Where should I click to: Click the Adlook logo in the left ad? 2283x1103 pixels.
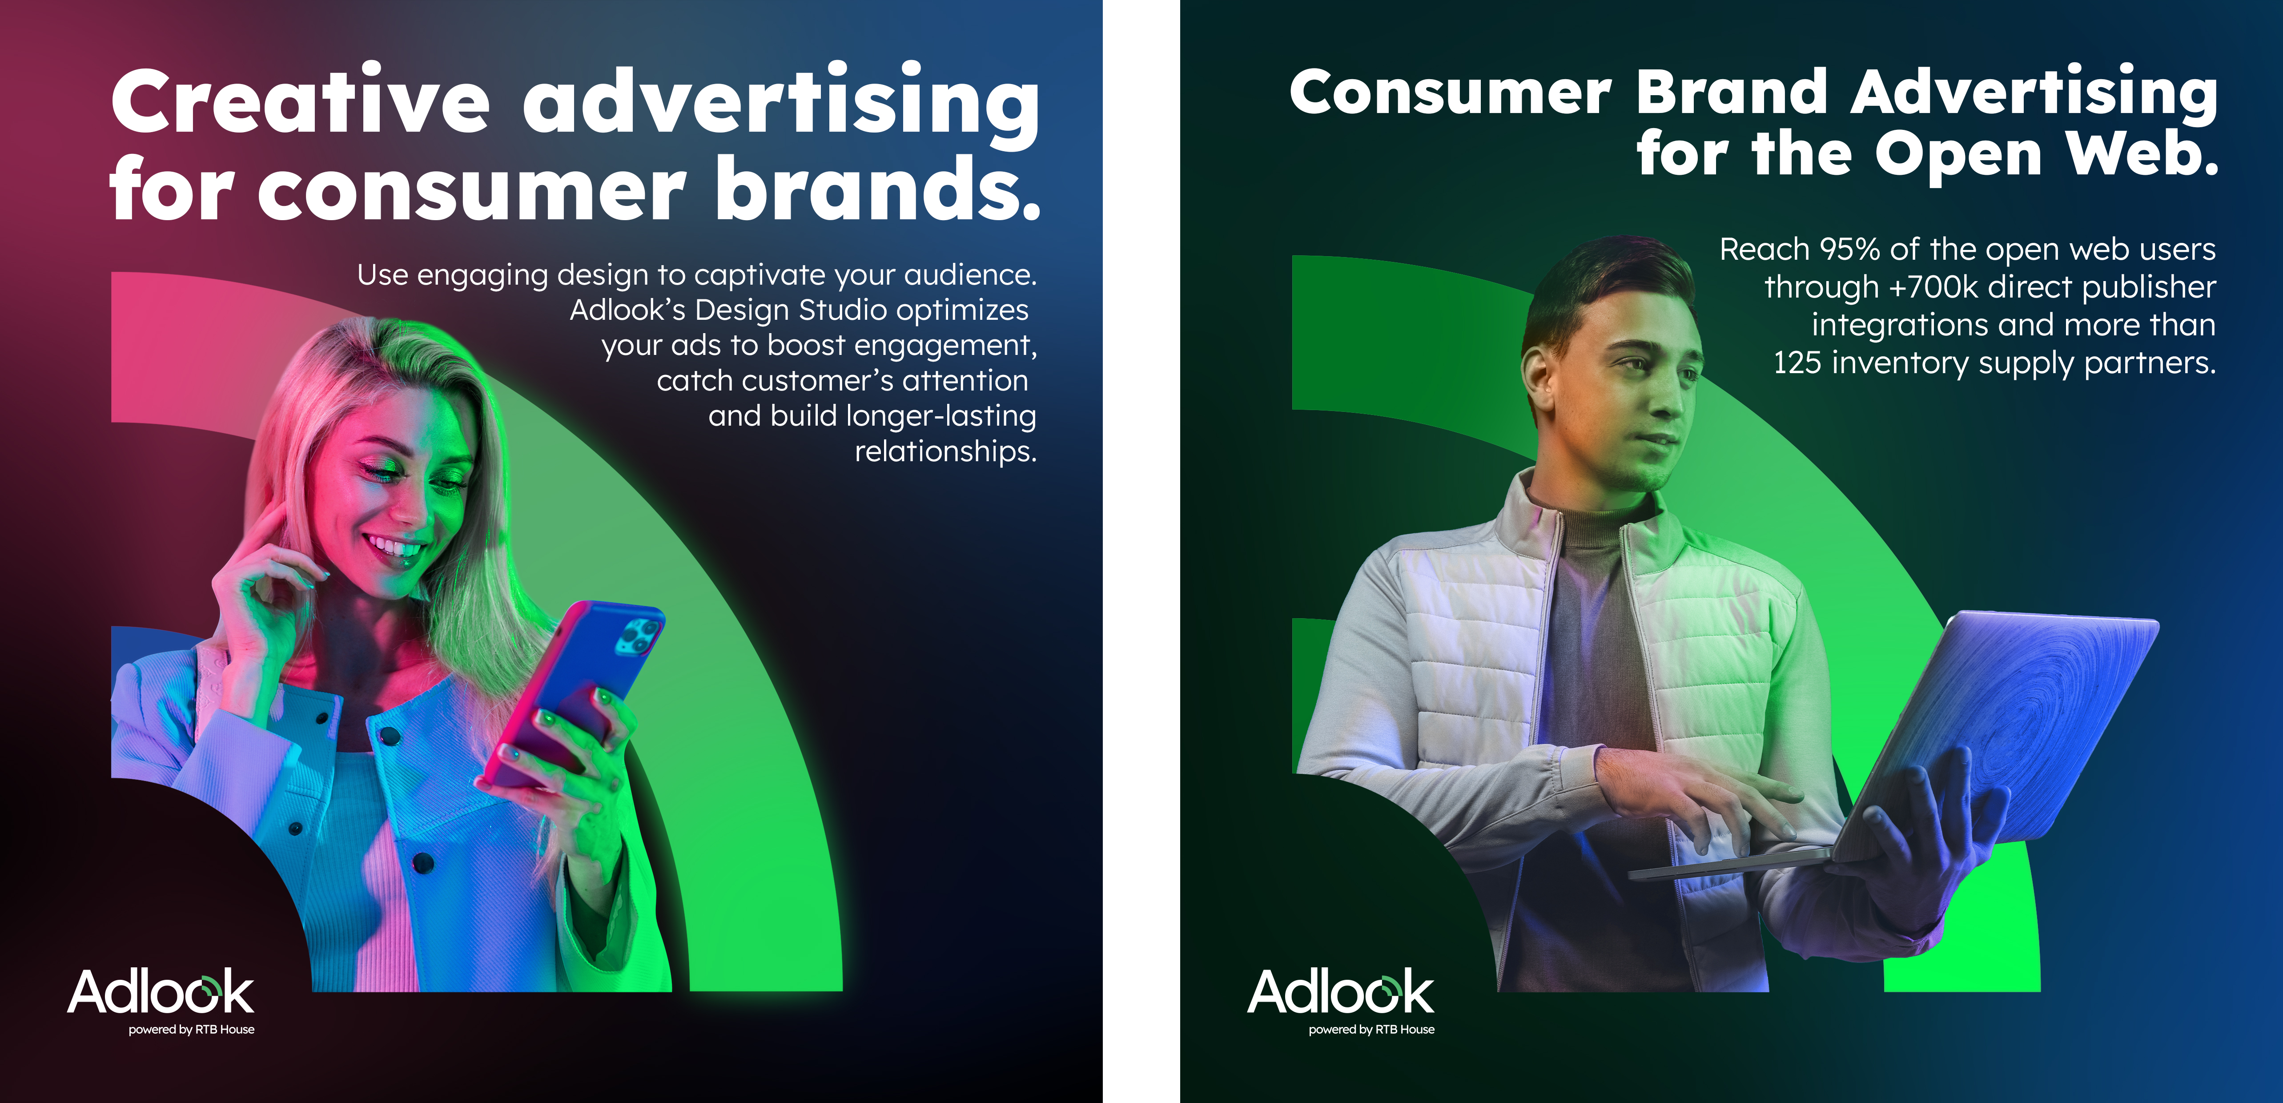161,991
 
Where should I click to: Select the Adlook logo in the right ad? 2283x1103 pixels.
1341,991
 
